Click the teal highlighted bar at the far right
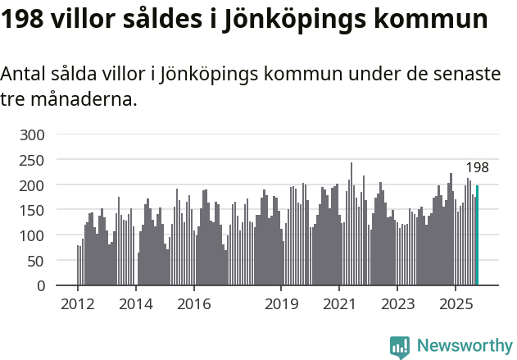477,235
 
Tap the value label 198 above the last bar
477,168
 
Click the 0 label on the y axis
39,286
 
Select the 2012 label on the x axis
78,304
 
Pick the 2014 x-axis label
136,304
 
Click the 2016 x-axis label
193,304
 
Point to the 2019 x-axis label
280,304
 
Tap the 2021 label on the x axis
338,304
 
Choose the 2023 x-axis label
397,304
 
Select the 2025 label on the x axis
455,304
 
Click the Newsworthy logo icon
400,347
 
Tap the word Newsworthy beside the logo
464,347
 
